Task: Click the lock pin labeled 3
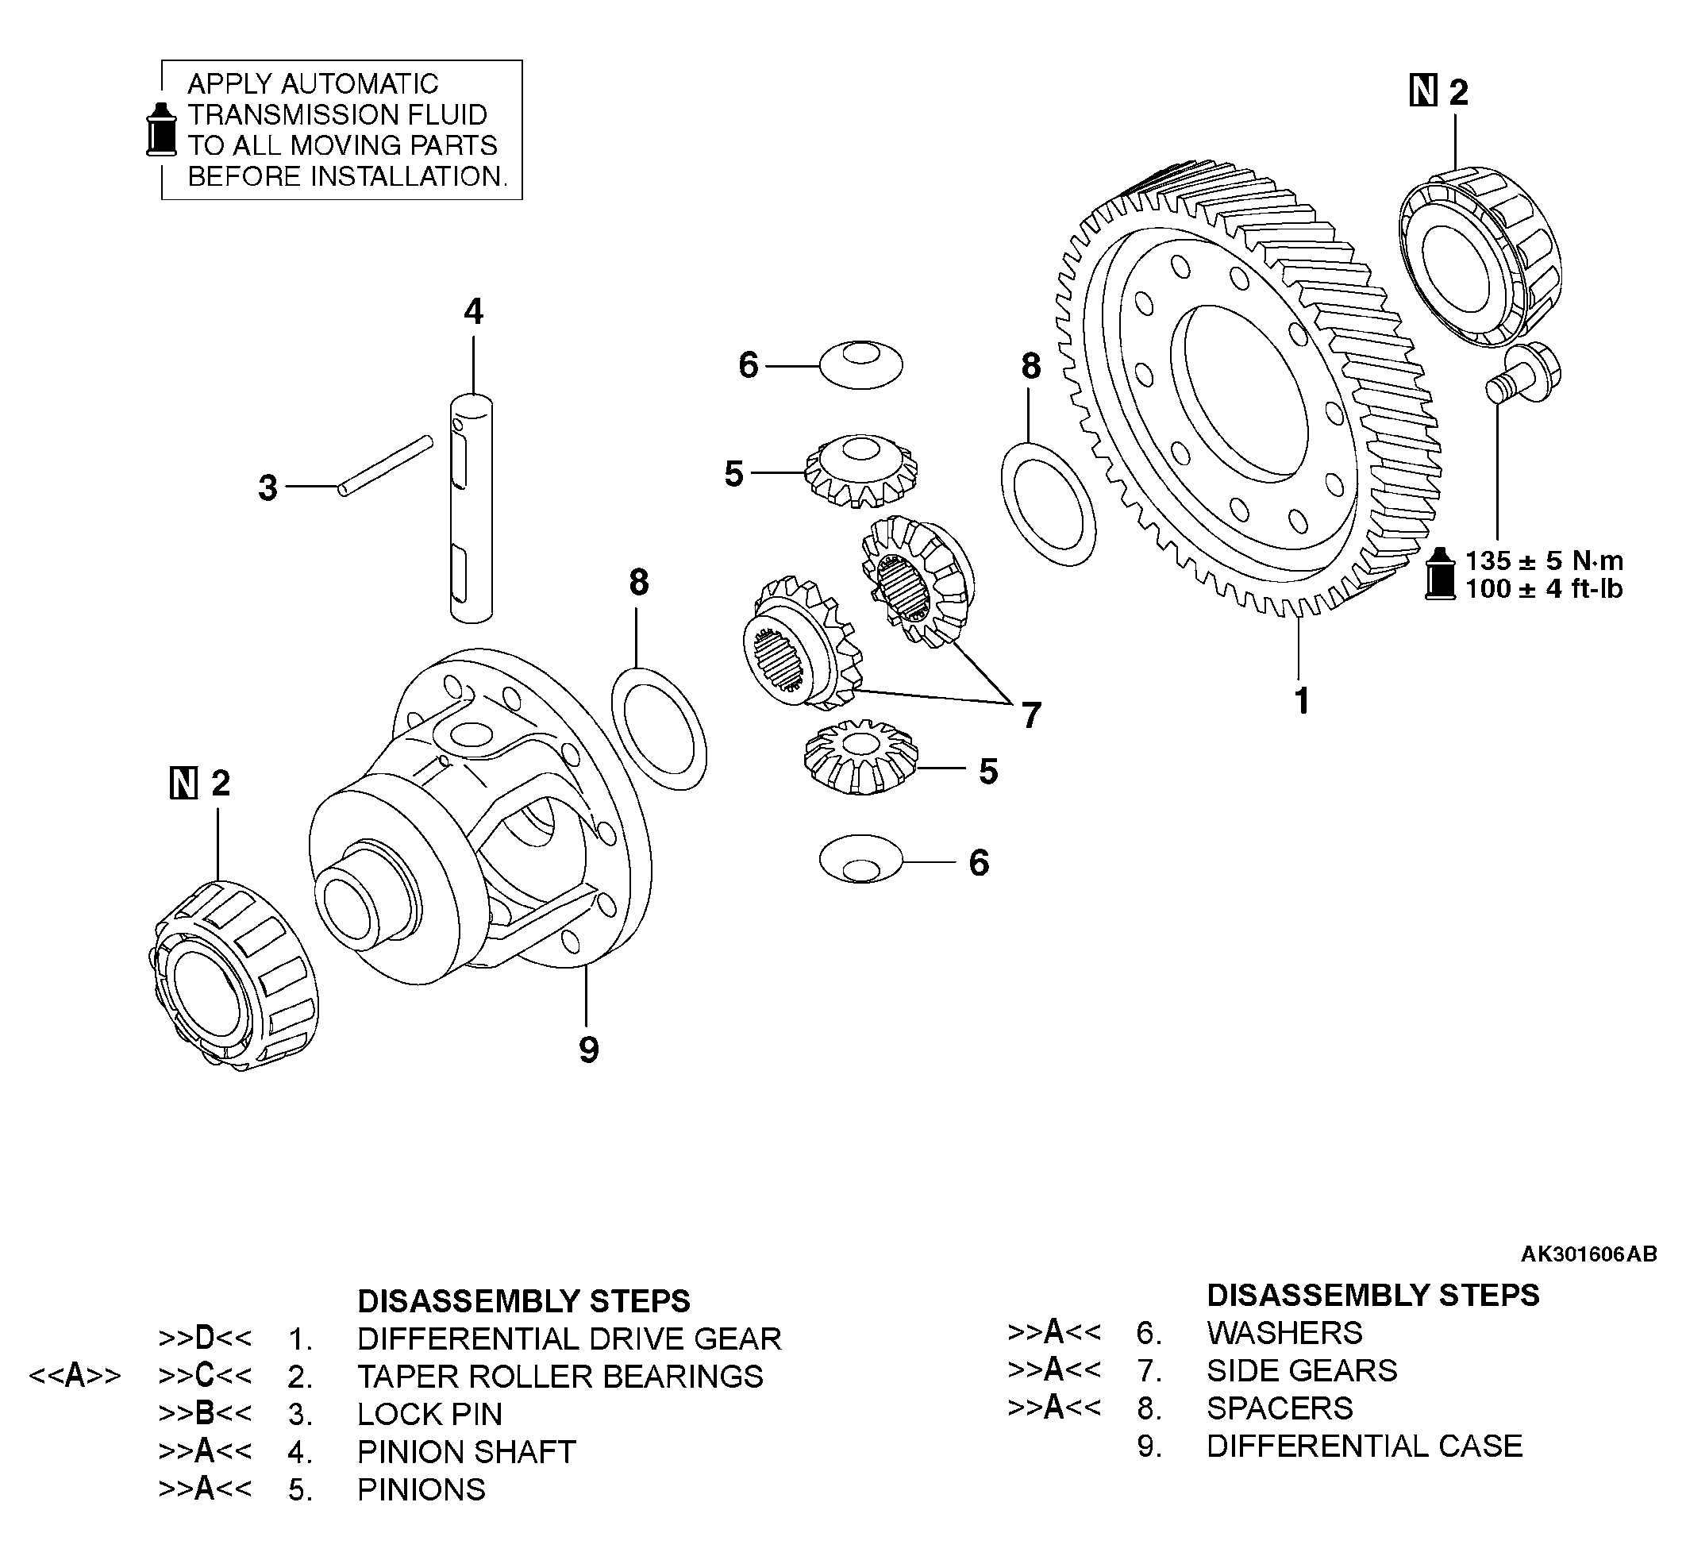tap(386, 465)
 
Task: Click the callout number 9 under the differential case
tap(588, 1050)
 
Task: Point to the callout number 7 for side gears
tap(1031, 715)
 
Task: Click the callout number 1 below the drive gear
tap(1301, 701)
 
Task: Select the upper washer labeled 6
tap(860, 364)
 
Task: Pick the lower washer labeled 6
tap(860, 859)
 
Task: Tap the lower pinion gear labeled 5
tap(860, 757)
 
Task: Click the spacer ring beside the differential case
tap(658, 729)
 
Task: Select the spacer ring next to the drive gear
tap(1048, 503)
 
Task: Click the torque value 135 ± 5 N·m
tap(1543, 560)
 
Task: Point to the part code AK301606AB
tap(1588, 1254)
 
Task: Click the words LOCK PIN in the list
tap(429, 1414)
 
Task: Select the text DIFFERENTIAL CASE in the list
tap(1364, 1446)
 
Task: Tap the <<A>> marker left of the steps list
tap(75, 1376)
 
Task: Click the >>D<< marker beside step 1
tap(205, 1339)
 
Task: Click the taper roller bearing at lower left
tap(235, 975)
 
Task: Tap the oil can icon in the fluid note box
tap(161, 130)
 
